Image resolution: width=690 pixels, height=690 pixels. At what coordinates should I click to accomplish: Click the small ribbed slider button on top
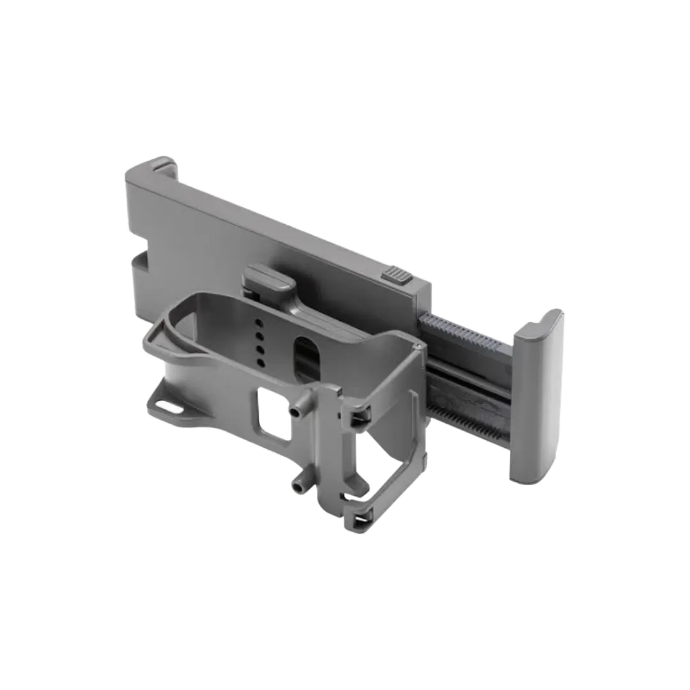(396, 277)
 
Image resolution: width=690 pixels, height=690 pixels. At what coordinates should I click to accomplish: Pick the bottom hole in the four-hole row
(261, 363)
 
